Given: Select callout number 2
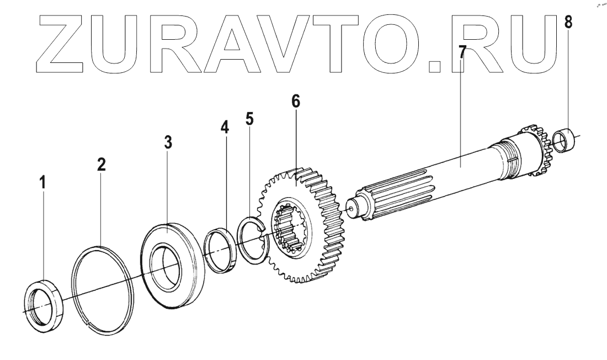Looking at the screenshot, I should pyautogui.click(x=102, y=165).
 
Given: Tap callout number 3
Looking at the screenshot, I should pyautogui.click(x=168, y=142).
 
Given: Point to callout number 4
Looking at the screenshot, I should pyautogui.click(x=224, y=127).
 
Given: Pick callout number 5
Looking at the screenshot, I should pyautogui.click(x=250, y=120).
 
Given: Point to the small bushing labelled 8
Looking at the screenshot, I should pyautogui.click(x=565, y=140).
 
